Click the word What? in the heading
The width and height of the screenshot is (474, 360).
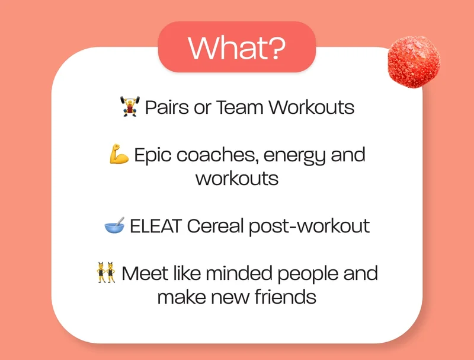(x=236, y=47)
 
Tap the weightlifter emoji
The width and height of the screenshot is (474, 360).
(x=130, y=107)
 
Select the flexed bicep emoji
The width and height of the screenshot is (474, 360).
(x=119, y=154)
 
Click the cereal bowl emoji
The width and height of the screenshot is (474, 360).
(x=114, y=225)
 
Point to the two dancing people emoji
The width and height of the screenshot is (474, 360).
(x=106, y=272)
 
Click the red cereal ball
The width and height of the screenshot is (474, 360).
(x=414, y=62)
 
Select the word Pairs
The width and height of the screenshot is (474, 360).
(x=167, y=107)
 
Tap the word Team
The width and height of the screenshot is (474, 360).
(x=239, y=107)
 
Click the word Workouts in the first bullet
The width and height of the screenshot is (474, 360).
(x=312, y=107)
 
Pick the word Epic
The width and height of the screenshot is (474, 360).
(x=153, y=155)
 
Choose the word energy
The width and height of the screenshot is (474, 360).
(x=295, y=155)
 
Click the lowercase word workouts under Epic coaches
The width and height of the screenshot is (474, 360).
(x=237, y=179)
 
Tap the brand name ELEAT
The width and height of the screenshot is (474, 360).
(x=156, y=226)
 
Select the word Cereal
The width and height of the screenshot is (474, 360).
(x=215, y=226)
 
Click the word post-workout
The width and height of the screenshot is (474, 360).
(x=309, y=227)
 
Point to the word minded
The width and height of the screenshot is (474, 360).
(x=239, y=273)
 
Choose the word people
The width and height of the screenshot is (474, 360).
(x=308, y=274)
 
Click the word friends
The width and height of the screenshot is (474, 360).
(x=286, y=297)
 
